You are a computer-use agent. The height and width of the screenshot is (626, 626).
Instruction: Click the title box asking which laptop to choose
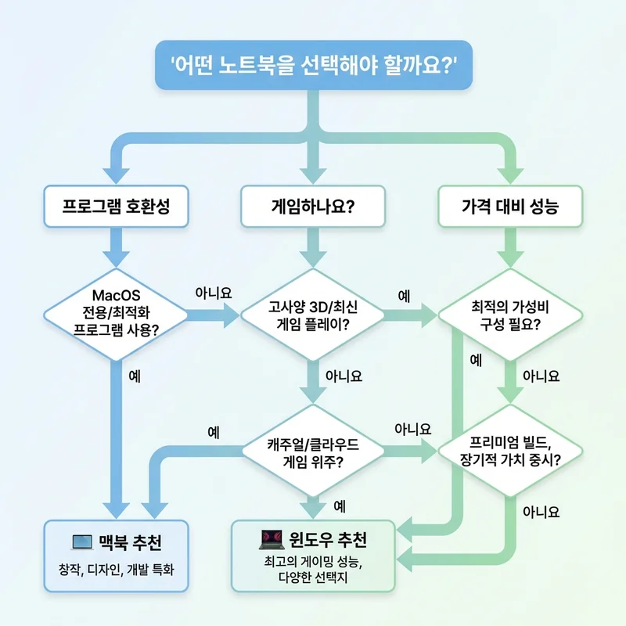click(314, 64)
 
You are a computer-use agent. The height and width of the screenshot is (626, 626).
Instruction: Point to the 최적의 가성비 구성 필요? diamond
click(510, 315)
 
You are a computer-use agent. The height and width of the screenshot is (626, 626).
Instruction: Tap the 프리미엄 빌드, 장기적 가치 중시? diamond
click(510, 450)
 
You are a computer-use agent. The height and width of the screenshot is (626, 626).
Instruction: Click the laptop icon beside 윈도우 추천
click(270, 540)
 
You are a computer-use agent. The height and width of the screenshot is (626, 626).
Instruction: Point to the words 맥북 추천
click(131, 541)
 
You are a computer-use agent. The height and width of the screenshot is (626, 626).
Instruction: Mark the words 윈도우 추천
click(329, 540)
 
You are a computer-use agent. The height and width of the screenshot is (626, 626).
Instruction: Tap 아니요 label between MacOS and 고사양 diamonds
click(213, 293)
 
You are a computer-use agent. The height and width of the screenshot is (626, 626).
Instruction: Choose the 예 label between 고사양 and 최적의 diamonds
click(404, 296)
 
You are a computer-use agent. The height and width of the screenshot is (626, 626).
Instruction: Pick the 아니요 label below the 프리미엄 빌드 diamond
click(541, 513)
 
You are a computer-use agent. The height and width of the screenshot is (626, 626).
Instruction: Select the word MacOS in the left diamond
click(116, 296)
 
